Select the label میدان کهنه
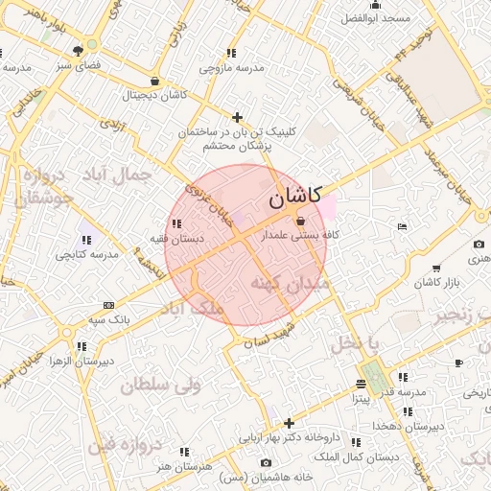coord(290,284)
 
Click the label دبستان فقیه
coord(173,237)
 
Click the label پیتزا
coord(360,397)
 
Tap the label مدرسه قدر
coord(401,392)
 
